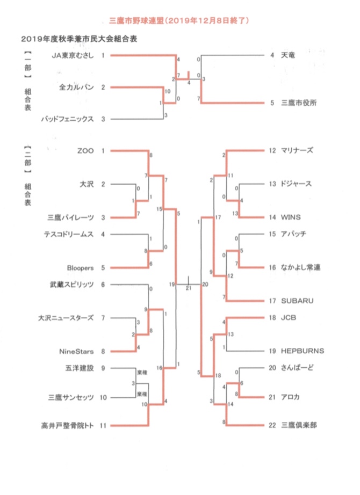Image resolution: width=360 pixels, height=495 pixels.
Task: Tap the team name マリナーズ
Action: point(297,151)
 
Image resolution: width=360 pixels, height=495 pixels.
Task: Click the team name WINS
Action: point(290,217)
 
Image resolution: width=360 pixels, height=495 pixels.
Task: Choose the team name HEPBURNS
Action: point(302,351)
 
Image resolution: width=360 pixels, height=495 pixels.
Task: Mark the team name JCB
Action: point(288,318)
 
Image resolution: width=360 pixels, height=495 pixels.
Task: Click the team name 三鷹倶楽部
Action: point(299,425)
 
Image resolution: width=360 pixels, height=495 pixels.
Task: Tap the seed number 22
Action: point(272,425)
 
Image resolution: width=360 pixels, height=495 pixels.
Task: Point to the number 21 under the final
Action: point(189,288)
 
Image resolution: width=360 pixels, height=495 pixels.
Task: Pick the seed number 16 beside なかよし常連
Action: point(272,267)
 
